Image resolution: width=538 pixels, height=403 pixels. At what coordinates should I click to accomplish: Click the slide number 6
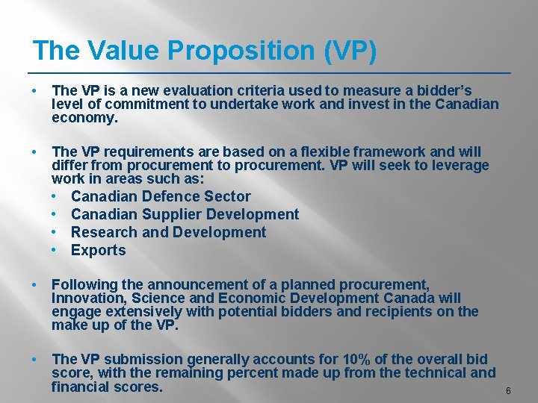[x=508, y=391]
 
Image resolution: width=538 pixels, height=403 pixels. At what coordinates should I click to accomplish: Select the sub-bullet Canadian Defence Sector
[x=161, y=196]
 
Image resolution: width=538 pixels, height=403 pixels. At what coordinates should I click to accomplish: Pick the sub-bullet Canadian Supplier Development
[x=185, y=214]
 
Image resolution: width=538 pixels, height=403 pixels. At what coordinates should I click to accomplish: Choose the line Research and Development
[x=168, y=232]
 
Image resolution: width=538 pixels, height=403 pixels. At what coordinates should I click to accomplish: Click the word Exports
[x=99, y=250]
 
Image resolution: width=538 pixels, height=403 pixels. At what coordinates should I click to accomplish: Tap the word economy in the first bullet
[x=83, y=118]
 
